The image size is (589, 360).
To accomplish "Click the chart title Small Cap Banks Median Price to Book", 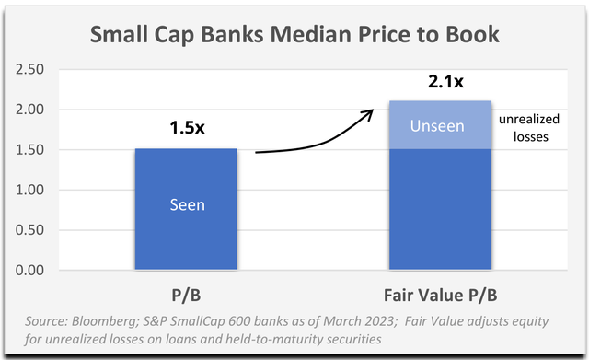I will pyautogui.click(x=294, y=37).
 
